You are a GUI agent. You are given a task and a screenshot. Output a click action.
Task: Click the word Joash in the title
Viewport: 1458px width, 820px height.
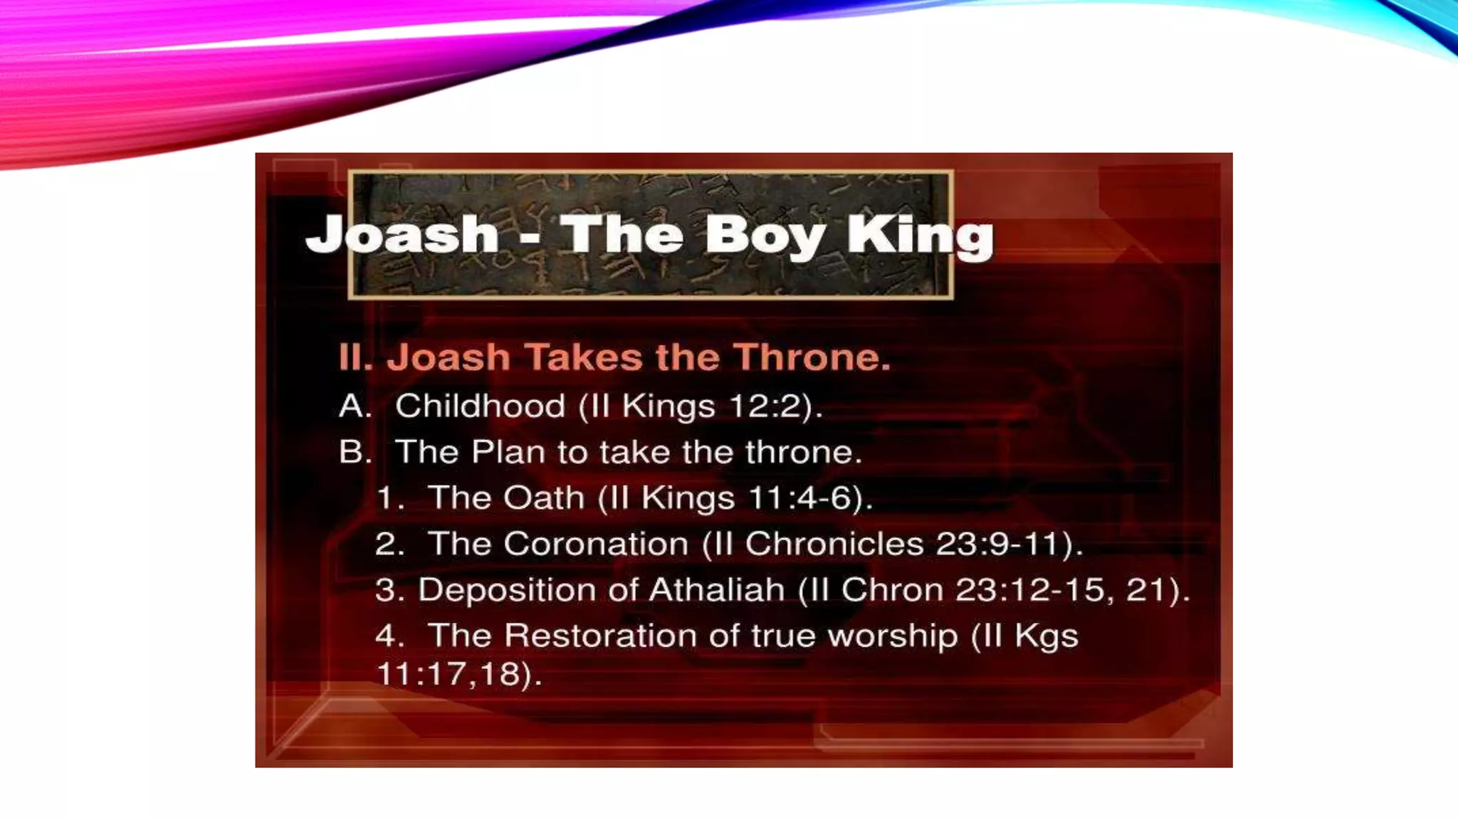pyautogui.click(x=402, y=234)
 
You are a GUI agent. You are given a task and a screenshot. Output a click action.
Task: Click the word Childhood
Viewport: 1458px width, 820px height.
pyautogui.click(x=480, y=406)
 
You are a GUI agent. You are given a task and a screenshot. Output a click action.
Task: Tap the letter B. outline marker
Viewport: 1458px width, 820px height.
pyautogui.click(x=355, y=452)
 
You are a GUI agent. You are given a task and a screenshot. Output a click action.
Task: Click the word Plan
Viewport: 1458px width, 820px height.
pyautogui.click(x=508, y=452)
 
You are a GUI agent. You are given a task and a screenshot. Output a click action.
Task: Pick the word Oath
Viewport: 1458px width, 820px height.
pyautogui.click(x=544, y=498)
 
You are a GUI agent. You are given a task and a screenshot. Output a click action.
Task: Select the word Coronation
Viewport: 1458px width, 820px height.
pyautogui.click(x=596, y=544)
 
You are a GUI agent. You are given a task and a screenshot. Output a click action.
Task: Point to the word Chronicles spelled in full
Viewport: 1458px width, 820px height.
pyautogui.click(x=834, y=544)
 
